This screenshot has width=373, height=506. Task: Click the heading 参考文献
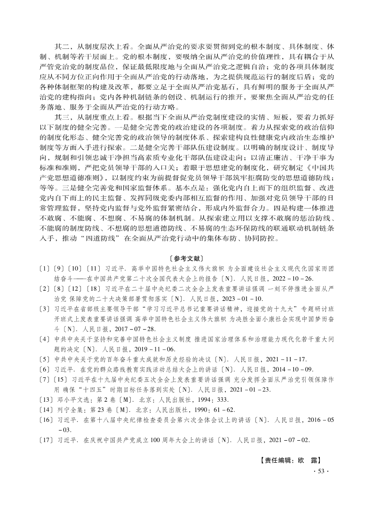tap(186, 258)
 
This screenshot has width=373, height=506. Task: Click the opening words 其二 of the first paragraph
tap(62, 47)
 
